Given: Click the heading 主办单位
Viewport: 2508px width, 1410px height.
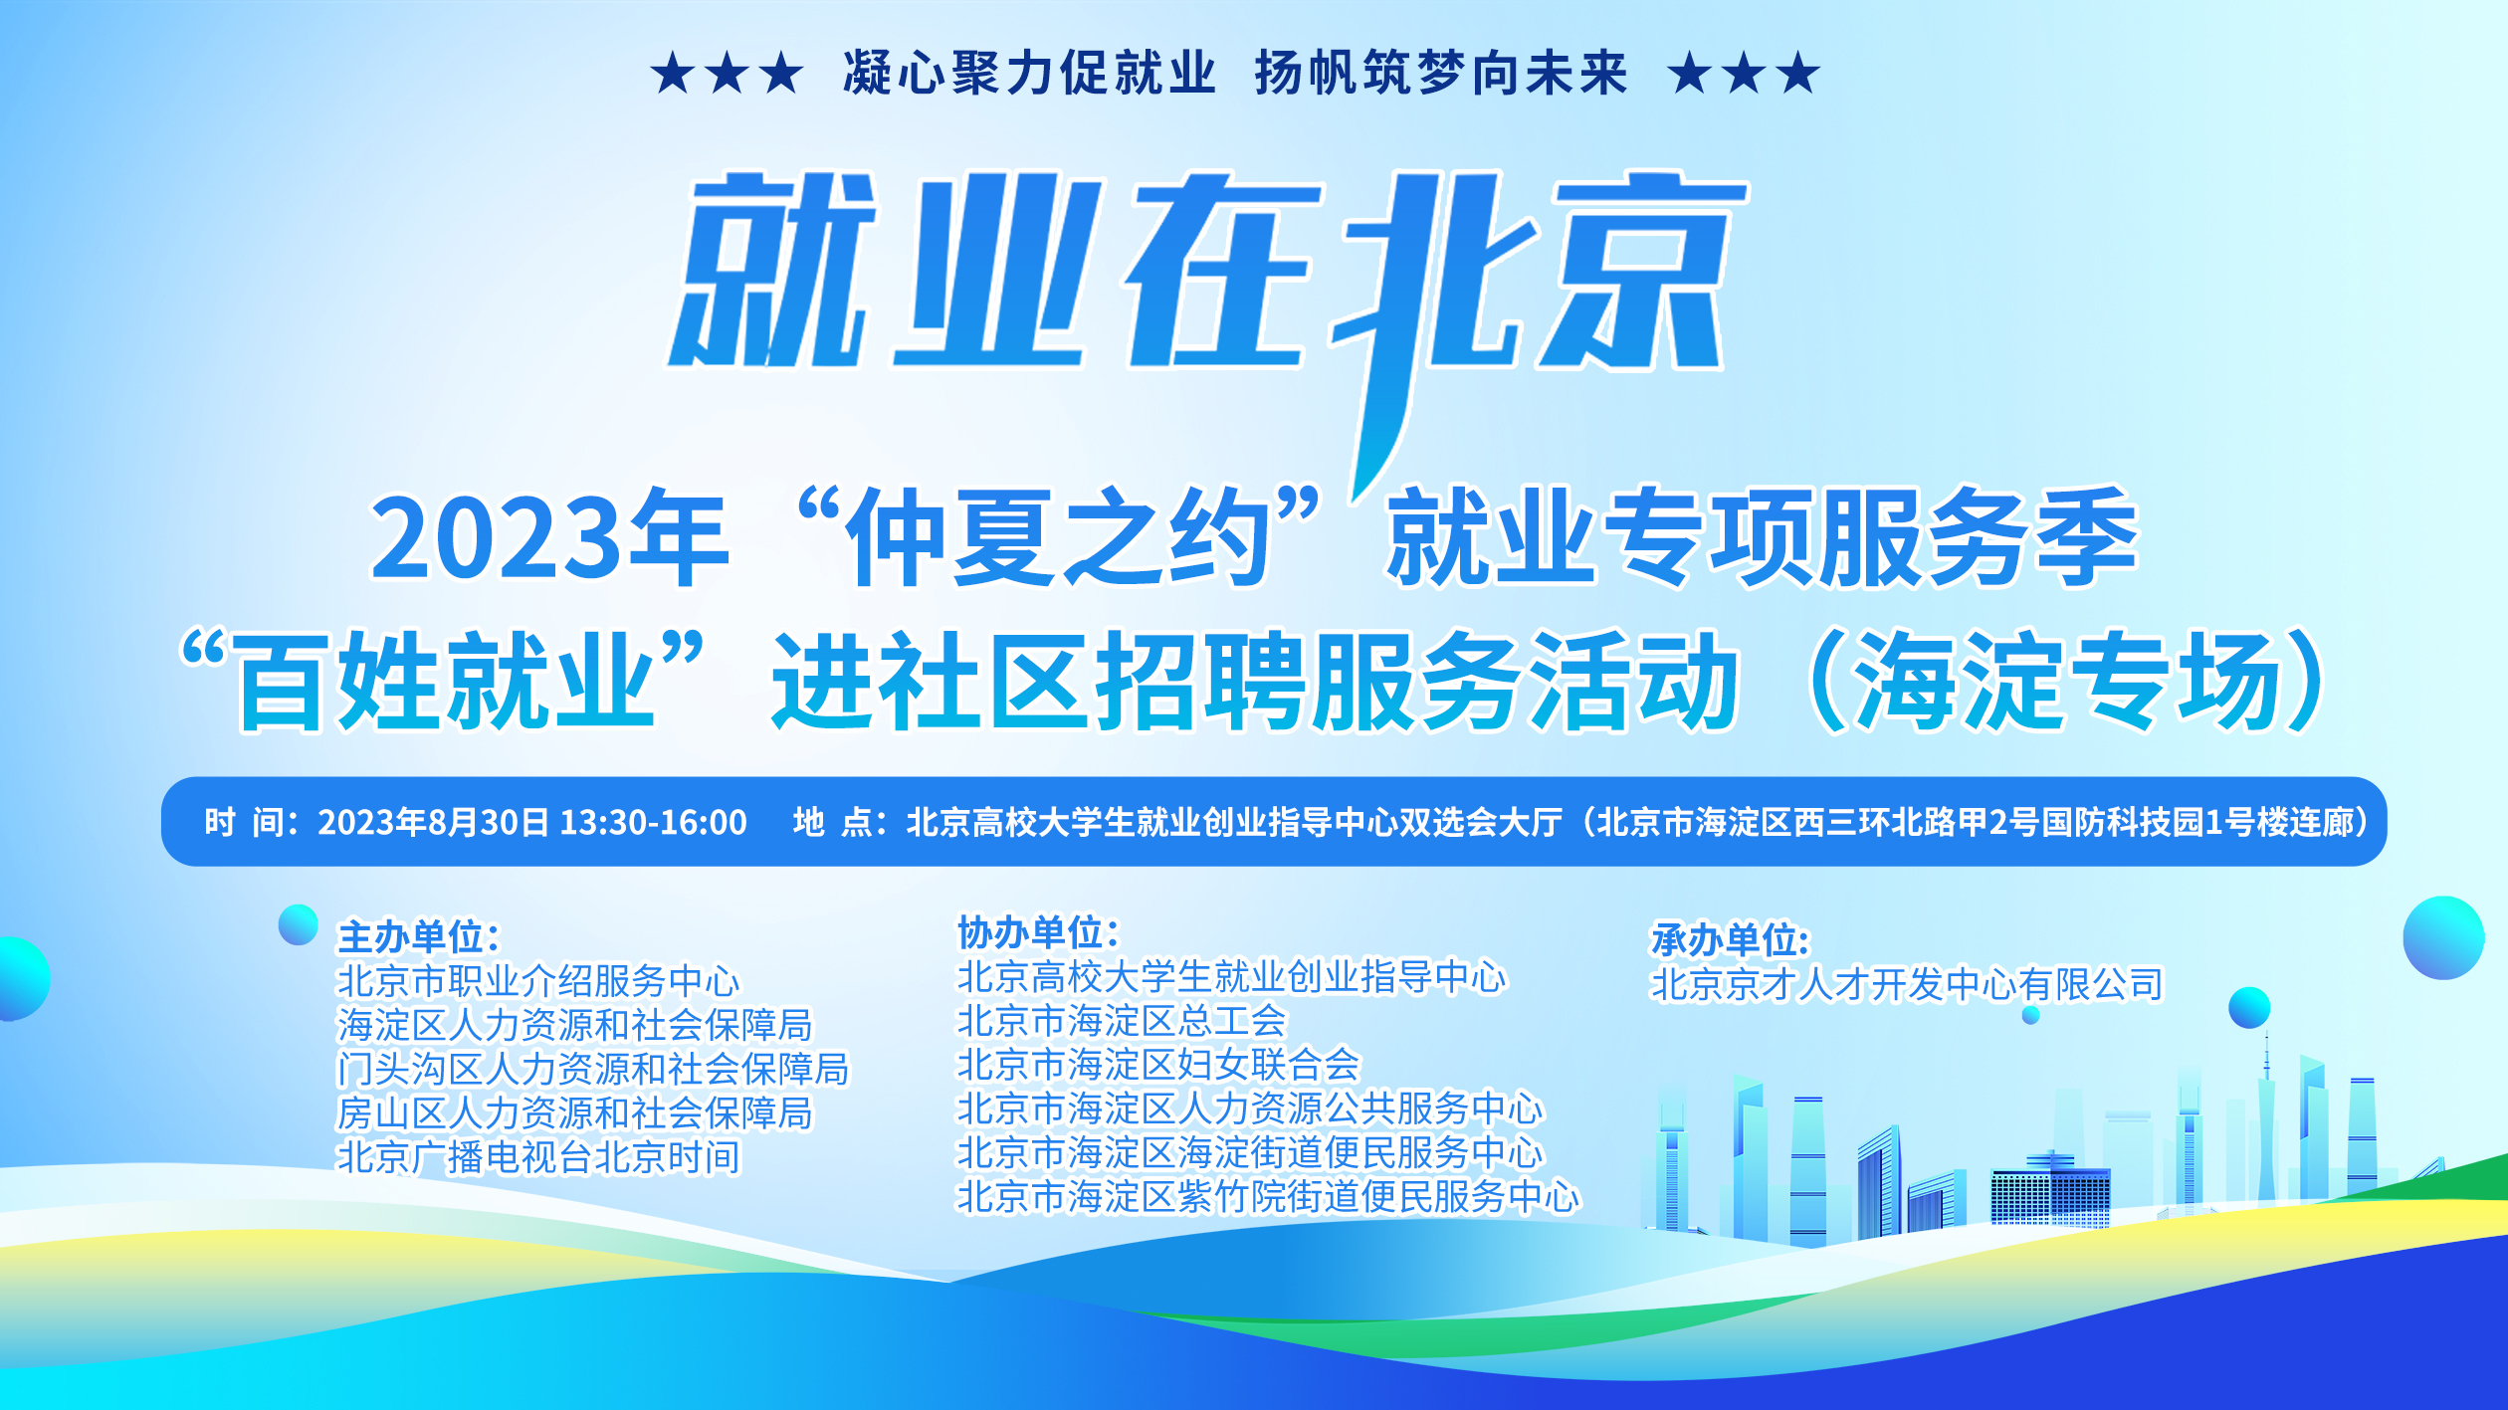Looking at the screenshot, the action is tap(410, 936).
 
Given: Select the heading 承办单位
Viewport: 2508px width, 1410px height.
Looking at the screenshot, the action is tap(1723, 939).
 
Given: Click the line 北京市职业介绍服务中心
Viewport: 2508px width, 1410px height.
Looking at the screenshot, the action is tap(538, 981).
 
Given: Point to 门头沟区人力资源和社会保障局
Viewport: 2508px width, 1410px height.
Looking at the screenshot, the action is tap(593, 1069).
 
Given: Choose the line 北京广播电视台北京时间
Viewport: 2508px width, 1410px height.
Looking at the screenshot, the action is tap(538, 1157).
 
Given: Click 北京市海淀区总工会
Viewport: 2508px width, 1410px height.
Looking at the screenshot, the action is tap(1122, 1021).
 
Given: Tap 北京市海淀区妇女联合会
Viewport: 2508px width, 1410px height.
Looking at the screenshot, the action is tap(1158, 1065).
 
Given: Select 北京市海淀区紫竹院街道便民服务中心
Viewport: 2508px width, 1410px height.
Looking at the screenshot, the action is tap(1268, 1196).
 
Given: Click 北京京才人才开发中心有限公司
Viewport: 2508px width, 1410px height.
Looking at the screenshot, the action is tap(1907, 984).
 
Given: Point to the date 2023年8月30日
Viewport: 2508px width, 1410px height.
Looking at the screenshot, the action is tap(433, 822).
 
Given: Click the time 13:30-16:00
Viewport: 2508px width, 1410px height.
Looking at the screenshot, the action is tap(654, 822).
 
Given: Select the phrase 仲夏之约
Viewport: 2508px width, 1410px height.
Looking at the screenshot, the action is tap(1057, 537).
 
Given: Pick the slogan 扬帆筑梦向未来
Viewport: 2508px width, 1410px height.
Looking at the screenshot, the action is tap(1441, 73).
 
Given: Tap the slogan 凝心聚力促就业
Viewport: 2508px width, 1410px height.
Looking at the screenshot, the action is tap(1030, 73).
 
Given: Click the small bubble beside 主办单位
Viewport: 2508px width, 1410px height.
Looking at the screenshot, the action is tap(298, 924).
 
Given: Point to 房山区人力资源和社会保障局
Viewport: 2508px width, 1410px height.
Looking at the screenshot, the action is tap(575, 1113).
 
